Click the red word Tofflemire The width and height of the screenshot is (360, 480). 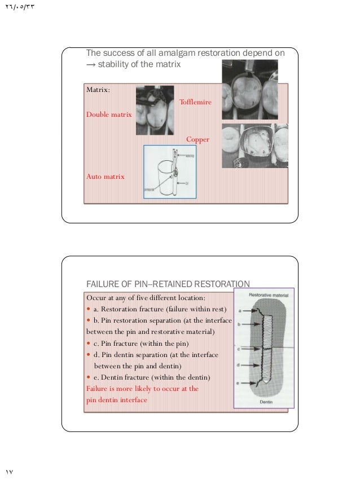click(195, 102)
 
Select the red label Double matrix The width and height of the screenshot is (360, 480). click(109, 114)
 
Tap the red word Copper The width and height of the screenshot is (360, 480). click(197, 139)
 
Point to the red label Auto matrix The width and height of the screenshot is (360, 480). click(106, 177)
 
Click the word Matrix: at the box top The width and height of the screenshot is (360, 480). click(98, 90)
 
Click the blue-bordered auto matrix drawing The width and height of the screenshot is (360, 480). click(170, 171)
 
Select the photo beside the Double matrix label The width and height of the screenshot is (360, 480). click(155, 110)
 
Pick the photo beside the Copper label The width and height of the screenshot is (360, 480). click(252, 146)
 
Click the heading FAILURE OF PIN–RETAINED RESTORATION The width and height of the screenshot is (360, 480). click(167, 283)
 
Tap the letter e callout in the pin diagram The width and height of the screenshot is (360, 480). click(240, 383)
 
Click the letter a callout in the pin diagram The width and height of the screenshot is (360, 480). click(240, 310)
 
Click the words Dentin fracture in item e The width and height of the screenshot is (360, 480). click(126, 377)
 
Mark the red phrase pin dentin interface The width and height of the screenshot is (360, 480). click(116, 399)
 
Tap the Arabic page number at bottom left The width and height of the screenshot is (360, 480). click(8, 471)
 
